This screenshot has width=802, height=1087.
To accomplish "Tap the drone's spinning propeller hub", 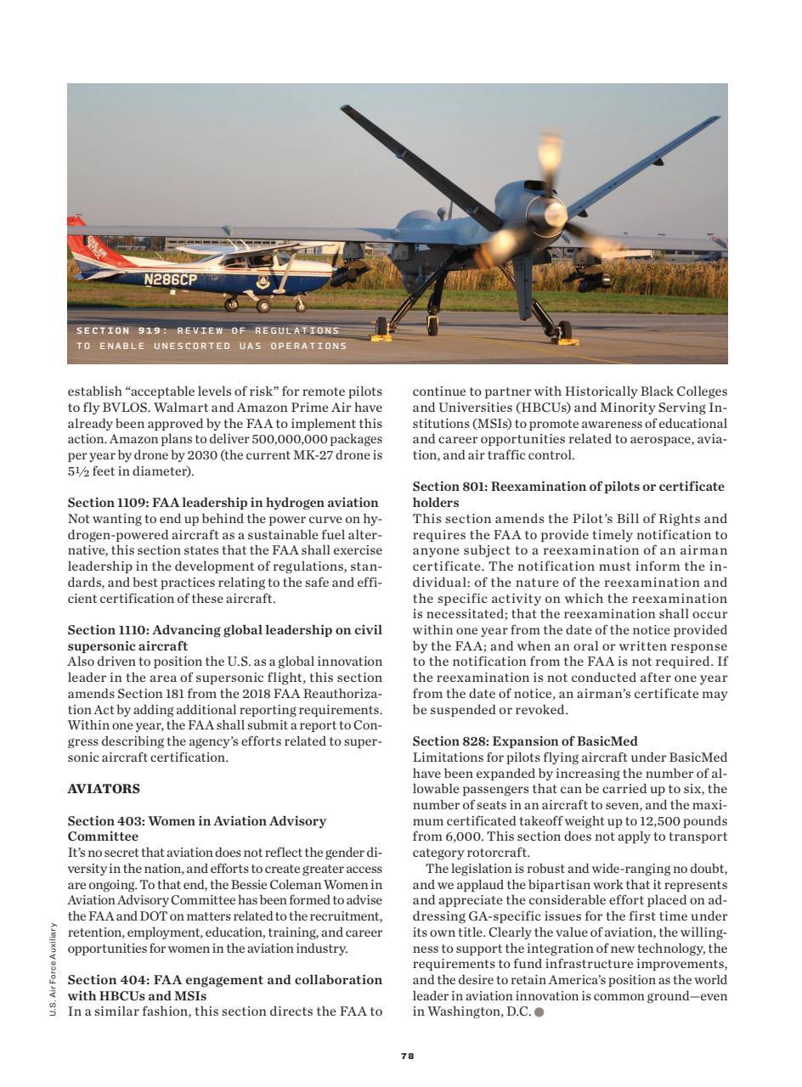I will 553,212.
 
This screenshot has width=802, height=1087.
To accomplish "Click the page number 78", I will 407,1056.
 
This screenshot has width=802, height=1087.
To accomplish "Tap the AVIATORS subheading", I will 104,789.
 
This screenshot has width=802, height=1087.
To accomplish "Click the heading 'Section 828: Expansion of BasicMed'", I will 525,741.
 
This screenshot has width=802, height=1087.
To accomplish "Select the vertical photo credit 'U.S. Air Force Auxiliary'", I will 53,969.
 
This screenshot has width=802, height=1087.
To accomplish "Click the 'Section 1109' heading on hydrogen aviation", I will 223,503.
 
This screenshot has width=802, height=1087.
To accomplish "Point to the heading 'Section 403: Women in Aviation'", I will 196,821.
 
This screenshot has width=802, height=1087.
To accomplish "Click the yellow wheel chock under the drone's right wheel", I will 568,341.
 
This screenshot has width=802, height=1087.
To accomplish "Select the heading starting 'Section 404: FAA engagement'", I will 224,980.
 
